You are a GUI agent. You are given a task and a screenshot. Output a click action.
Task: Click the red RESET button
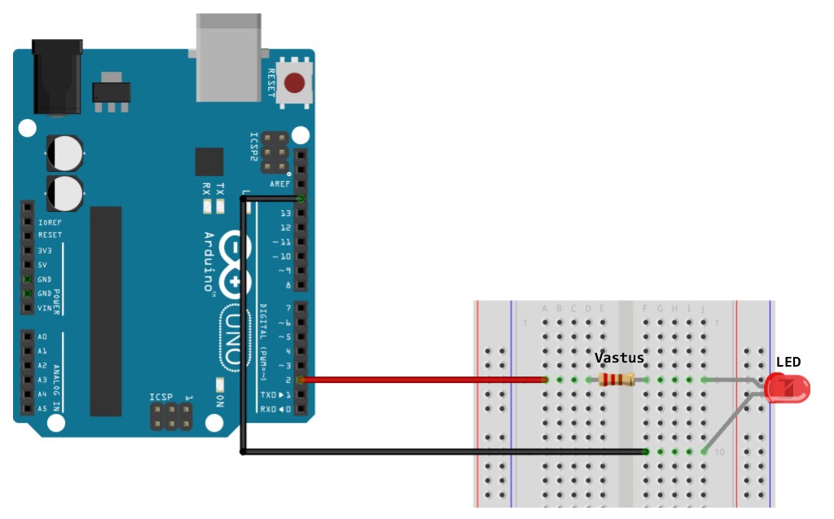coord(296,83)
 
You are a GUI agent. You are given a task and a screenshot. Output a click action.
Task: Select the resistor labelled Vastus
coord(617,380)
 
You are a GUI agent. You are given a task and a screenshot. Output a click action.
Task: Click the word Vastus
coord(619,358)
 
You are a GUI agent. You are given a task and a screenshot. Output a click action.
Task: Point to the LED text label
coord(788,362)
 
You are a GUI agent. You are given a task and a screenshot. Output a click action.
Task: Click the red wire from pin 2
coord(424,380)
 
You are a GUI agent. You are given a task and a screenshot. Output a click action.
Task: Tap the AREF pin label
coord(281,184)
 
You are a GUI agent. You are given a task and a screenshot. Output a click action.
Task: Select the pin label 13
coord(285,213)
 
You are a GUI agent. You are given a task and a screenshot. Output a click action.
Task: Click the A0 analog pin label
coord(42,336)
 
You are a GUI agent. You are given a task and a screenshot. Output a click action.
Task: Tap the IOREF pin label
coord(50,222)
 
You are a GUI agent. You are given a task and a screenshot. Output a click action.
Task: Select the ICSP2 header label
coord(254,147)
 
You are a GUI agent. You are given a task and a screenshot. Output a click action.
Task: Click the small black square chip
coord(209,161)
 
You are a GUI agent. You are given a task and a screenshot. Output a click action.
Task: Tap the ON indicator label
coord(220,401)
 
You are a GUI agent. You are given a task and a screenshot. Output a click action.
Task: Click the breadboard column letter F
coord(646,308)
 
